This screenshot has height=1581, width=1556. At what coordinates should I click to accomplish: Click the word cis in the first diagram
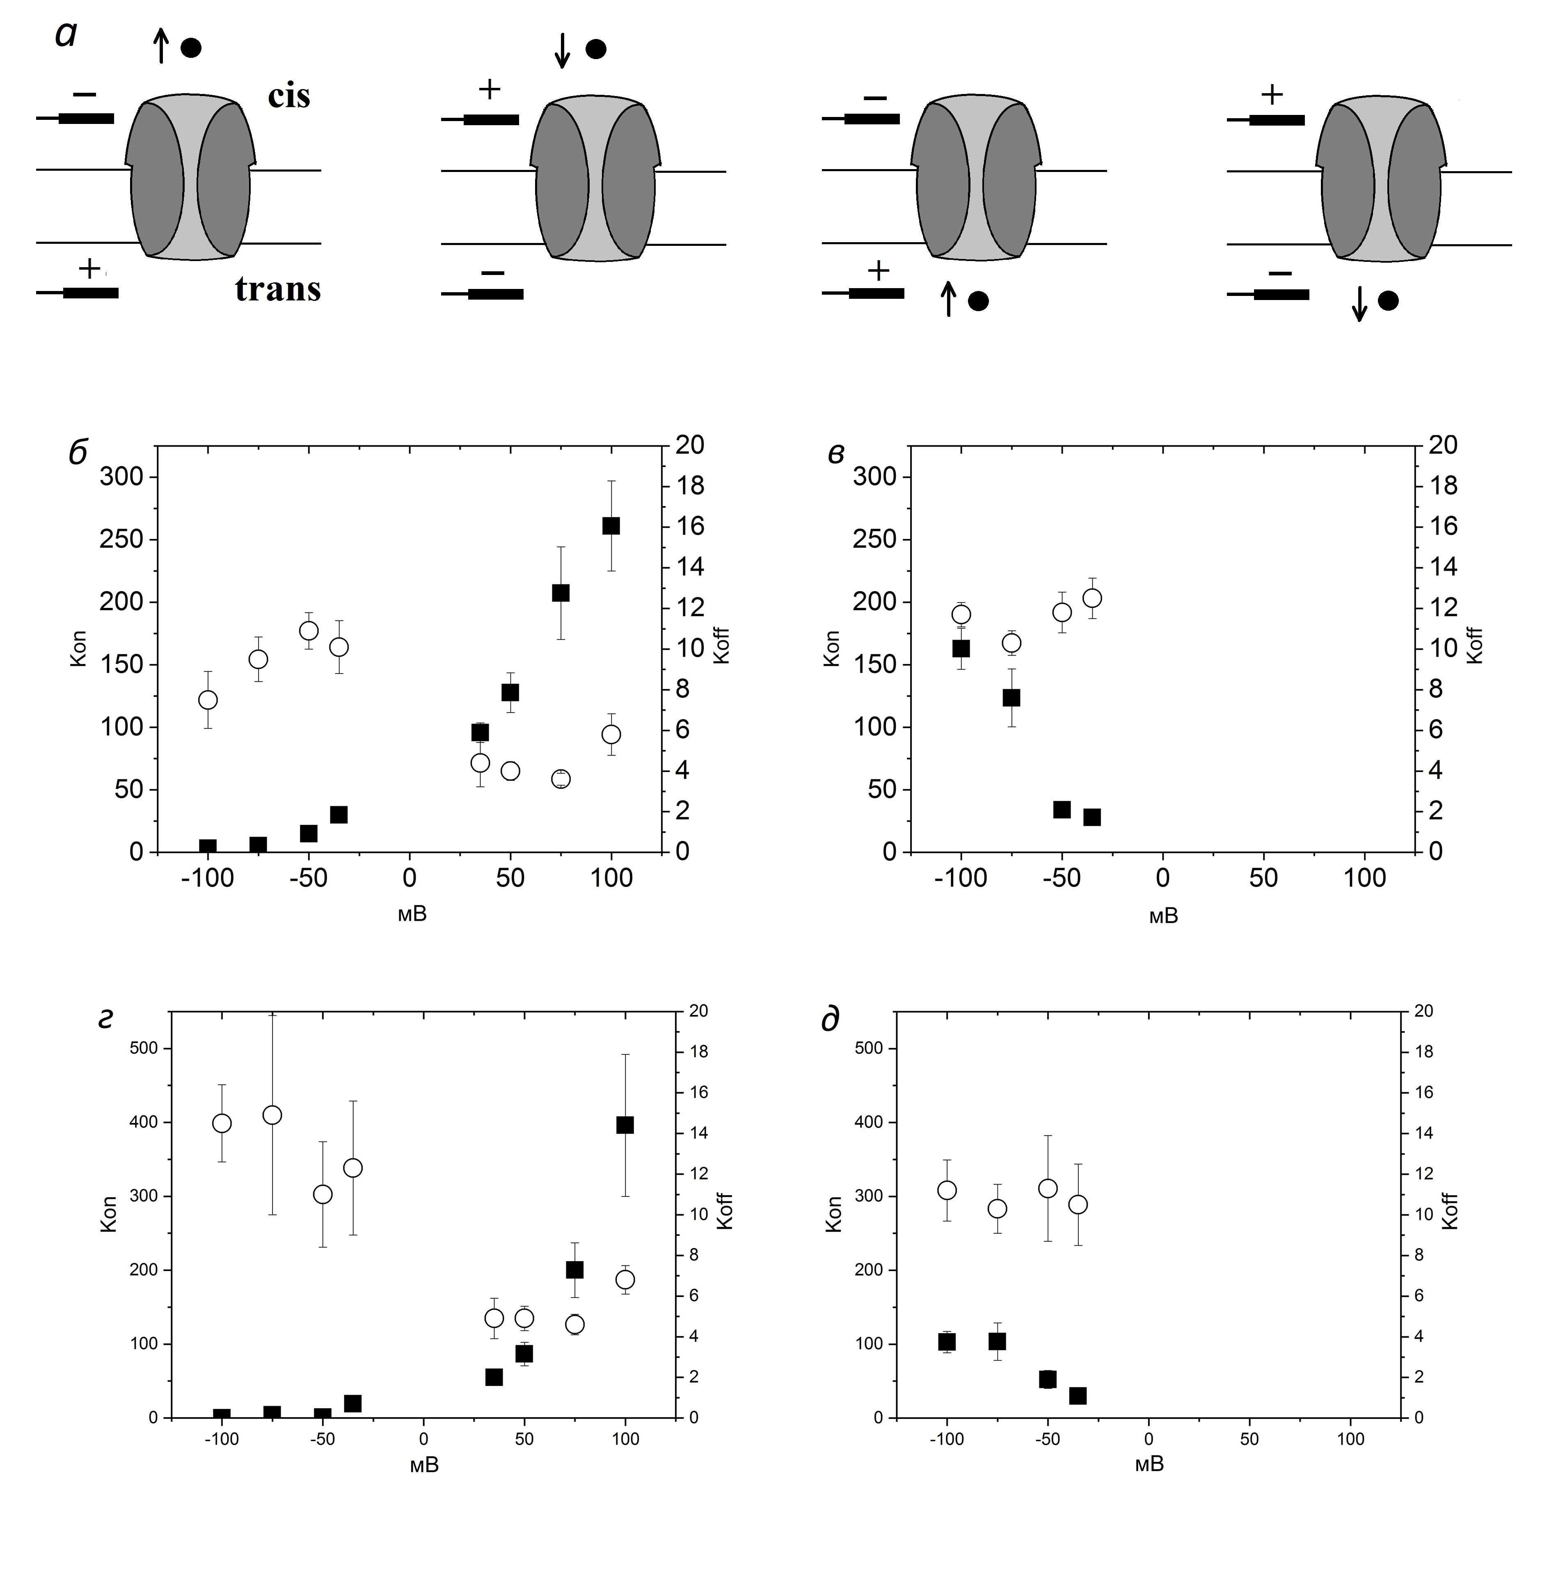pos(288,96)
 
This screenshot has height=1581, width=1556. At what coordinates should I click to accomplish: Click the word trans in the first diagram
pos(278,289)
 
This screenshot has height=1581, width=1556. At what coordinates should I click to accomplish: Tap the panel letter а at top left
pos(65,34)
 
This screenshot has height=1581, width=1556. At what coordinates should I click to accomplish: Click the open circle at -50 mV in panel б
pos(309,630)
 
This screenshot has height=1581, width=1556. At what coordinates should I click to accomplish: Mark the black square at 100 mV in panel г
pos(625,1125)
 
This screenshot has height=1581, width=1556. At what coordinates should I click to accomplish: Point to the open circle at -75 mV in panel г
pos(272,1115)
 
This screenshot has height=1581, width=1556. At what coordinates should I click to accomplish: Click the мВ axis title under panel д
pos(1149,1463)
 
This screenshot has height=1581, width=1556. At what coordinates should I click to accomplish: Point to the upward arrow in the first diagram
pos(161,45)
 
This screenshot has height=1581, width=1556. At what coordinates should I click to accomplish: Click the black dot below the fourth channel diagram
pos(1388,301)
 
